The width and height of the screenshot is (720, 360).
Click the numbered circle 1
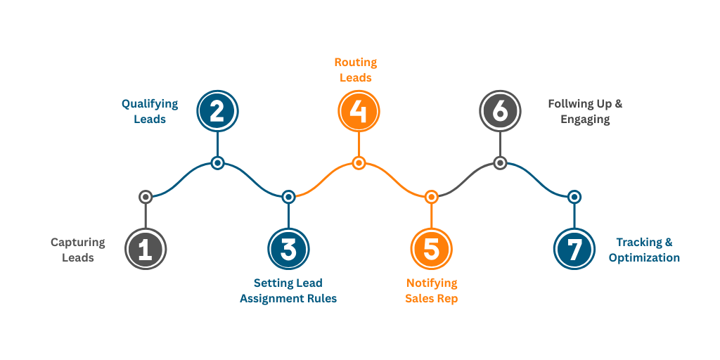click(x=146, y=250)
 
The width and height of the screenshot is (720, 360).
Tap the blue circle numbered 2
click(x=217, y=111)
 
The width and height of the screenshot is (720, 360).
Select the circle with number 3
click(x=288, y=250)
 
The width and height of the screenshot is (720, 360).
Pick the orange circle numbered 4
click(x=359, y=111)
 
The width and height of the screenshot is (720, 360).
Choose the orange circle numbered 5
click(x=431, y=250)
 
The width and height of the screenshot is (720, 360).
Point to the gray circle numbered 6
click(x=500, y=111)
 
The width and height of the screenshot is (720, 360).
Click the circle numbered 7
click(x=574, y=250)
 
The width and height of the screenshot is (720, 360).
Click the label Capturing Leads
click(x=77, y=250)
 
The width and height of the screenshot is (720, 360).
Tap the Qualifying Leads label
click(x=150, y=111)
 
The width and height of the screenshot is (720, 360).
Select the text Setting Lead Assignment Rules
click(x=288, y=290)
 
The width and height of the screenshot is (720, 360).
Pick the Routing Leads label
click(x=355, y=70)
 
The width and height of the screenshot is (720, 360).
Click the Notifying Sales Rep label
click(x=431, y=290)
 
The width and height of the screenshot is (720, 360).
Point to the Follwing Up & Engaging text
click(x=585, y=111)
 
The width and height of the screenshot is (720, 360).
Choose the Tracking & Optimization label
click(x=644, y=250)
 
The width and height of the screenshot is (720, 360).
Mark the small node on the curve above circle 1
click(x=146, y=197)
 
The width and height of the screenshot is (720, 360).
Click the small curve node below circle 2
click(x=217, y=163)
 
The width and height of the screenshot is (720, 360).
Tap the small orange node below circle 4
click(x=359, y=163)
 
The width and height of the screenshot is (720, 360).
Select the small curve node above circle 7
click(x=574, y=197)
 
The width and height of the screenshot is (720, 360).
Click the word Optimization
click(x=644, y=258)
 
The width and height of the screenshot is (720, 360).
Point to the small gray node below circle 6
click(x=500, y=163)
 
